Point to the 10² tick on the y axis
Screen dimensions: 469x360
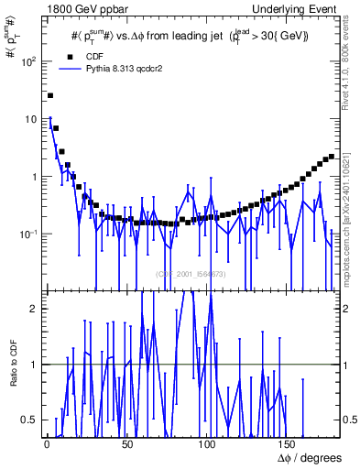pos(28,61)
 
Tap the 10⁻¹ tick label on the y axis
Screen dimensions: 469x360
pos(27,234)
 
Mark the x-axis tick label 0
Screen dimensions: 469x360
pos(47,443)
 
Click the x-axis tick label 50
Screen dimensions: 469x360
pos(127,443)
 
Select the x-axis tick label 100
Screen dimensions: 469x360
pos(208,443)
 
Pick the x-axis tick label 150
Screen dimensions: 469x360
pos(289,443)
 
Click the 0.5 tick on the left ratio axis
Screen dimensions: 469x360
pos(27,420)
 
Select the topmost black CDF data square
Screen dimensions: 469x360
pos(50,95)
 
